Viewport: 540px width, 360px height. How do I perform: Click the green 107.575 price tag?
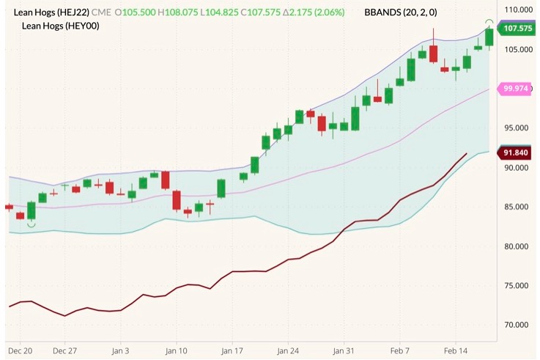(518, 28)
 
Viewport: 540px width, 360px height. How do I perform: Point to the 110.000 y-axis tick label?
(517, 10)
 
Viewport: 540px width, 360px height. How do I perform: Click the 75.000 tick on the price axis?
(517, 285)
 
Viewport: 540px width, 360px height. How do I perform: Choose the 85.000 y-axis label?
(517, 207)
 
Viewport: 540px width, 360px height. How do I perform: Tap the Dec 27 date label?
(66, 351)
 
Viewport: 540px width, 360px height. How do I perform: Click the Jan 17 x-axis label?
(233, 351)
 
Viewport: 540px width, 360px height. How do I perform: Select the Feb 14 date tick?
(455, 351)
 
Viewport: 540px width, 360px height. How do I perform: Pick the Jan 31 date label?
(344, 351)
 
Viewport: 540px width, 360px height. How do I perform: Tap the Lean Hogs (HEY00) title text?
(62, 26)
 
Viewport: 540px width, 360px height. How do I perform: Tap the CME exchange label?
(102, 12)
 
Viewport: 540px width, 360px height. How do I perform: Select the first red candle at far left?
(9, 207)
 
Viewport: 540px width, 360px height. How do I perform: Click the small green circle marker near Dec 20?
(31, 224)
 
